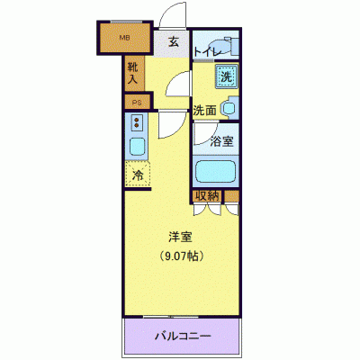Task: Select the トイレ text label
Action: point(208,53)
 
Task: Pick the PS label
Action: point(137,103)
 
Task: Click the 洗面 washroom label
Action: point(204,111)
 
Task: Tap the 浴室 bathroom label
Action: point(221,141)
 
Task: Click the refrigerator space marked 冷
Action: point(138,174)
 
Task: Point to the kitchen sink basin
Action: point(138,146)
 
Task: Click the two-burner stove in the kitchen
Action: point(137,123)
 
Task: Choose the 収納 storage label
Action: point(208,195)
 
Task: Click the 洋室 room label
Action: point(181,238)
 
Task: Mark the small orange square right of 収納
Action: point(232,195)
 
